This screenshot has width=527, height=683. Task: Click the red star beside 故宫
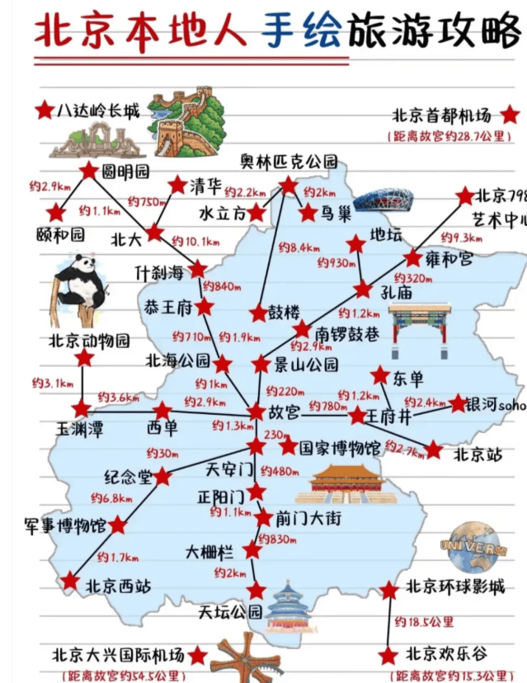click(256, 412)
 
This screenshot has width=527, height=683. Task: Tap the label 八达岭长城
click(98, 111)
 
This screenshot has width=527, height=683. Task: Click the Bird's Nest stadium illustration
click(383, 200)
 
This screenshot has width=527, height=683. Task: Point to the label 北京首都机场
click(441, 115)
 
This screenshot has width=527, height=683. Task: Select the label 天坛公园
click(230, 612)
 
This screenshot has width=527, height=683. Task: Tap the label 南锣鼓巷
click(347, 334)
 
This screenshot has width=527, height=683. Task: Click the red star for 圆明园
click(88, 171)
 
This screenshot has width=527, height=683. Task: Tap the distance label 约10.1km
click(196, 242)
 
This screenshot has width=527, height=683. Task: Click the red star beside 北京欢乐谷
click(388, 656)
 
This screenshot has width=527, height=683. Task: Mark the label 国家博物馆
click(340, 448)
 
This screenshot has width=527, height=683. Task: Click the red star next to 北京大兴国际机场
click(197, 656)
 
